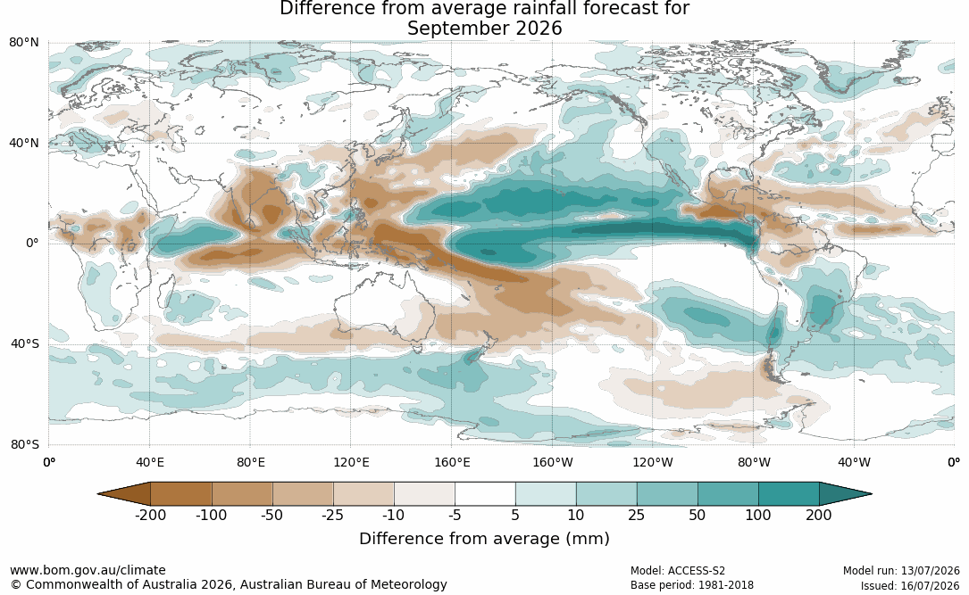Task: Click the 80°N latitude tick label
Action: coord(24,43)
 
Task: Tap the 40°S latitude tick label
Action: coord(25,343)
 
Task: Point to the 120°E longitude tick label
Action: coord(351,462)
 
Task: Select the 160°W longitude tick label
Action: coord(553,462)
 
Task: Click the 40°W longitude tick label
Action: coord(854,462)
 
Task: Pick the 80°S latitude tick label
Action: coord(25,444)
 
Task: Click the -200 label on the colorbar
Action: coord(150,515)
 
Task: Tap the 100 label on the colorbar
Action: coord(758,515)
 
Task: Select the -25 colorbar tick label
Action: coord(332,515)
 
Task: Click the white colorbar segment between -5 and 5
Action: coord(485,494)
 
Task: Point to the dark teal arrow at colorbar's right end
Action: coord(845,494)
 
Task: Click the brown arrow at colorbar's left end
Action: coord(124,494)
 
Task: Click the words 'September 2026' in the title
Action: coord(484,29)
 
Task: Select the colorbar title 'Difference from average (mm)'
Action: coord(484,539)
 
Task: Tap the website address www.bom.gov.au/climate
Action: coord(88,570)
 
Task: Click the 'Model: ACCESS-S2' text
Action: coord(678,571)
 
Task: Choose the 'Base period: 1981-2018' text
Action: coord(692,585)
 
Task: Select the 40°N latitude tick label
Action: coord(24,144)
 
